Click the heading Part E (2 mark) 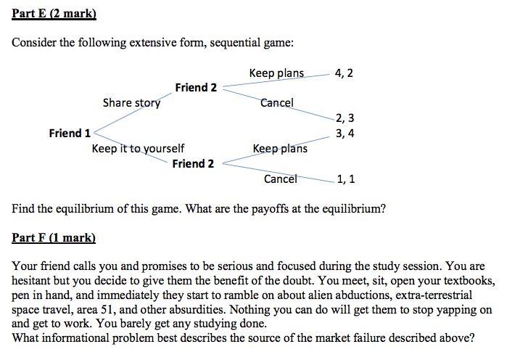(x=54, y=14)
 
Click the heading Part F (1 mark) (x=54, y=238)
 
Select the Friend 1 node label (x=70, y=133)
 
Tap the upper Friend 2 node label (x=196, y=87)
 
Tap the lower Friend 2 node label (x=193, y=163)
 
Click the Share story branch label (x=132, y=103)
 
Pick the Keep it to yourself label (x=138, y=148)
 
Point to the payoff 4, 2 (x=344, y=73)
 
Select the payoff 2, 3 (x=345, y=118)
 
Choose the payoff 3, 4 (x=345, y=134)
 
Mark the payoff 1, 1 (x=346, y=179)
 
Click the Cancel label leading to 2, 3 (x=277, y=103)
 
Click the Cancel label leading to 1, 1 (x=281, y=179)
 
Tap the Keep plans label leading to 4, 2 (x=276, y=73)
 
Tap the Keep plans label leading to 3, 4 (x=280, y=149)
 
